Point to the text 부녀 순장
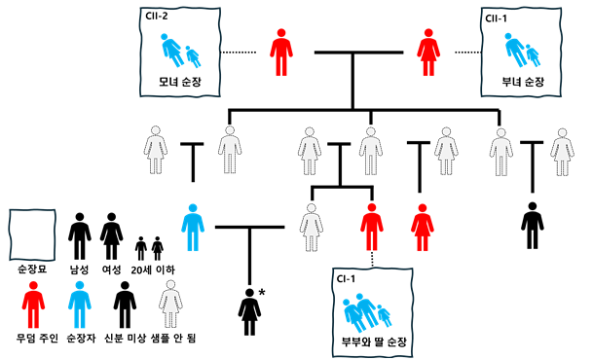522,82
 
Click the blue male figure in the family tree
194,226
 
